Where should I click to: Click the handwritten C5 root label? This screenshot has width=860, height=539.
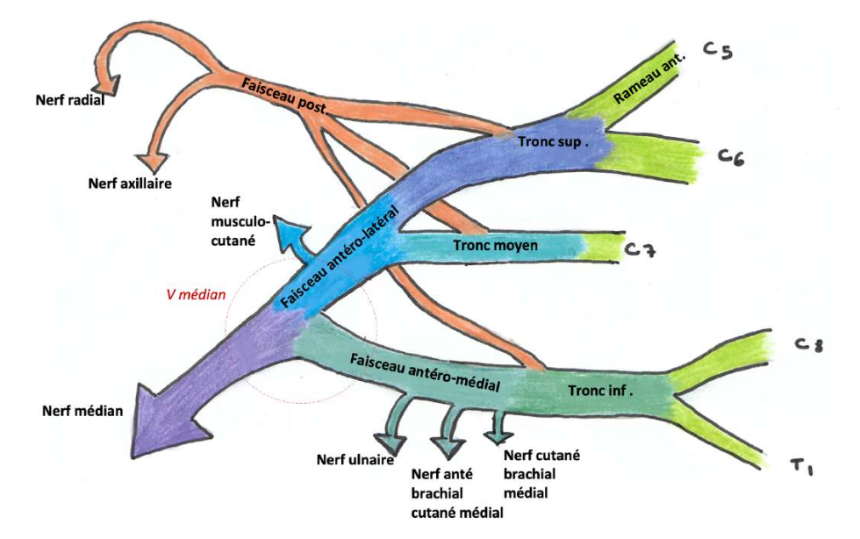tap(718, 52)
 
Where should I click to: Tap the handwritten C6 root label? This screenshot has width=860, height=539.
tap(731, 157)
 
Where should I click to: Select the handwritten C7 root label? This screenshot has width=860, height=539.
tap(641, 251)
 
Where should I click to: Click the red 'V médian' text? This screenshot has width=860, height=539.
tap(196, 295)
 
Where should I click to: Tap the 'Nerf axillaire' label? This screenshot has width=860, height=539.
tap(129, 183)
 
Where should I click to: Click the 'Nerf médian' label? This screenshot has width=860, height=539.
tap(82, 409)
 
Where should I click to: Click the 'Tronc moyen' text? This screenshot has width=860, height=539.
tap(496, 246)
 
